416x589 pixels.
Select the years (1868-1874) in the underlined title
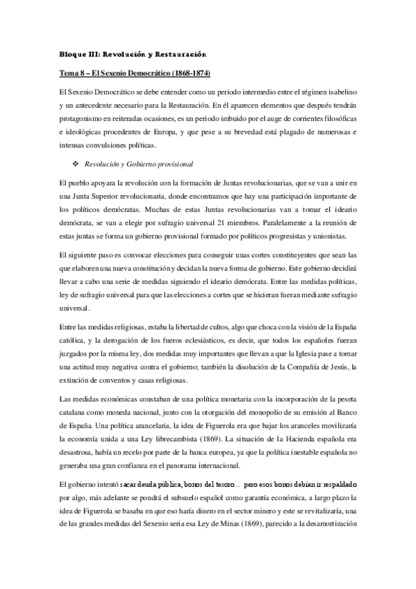186,73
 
